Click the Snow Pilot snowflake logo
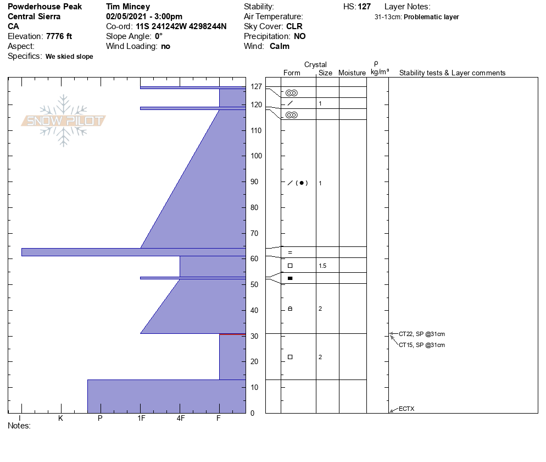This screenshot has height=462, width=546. coord(63,120)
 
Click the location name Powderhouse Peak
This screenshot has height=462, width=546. coord(44,7)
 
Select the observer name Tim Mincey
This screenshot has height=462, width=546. coord(128,7)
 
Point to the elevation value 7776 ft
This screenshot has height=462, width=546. coord(59,36)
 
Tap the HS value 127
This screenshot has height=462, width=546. coord(364,7)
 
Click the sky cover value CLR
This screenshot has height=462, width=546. coord(294,26)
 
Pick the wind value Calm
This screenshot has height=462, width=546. coord(279,46)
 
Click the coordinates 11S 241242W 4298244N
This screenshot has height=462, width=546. coord(181,26)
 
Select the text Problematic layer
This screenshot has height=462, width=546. coord(431,17)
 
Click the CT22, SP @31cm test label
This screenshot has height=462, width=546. coord(422,334)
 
